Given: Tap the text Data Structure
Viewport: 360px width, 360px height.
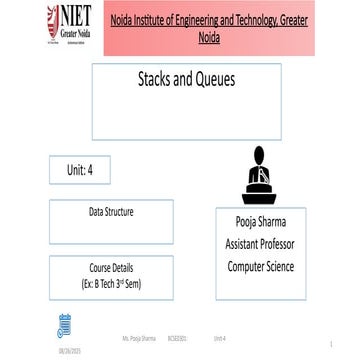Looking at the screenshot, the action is (110, 212).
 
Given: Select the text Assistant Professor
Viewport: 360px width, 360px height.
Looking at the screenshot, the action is (260, 244).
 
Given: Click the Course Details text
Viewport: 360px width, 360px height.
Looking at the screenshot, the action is (110, 268).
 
